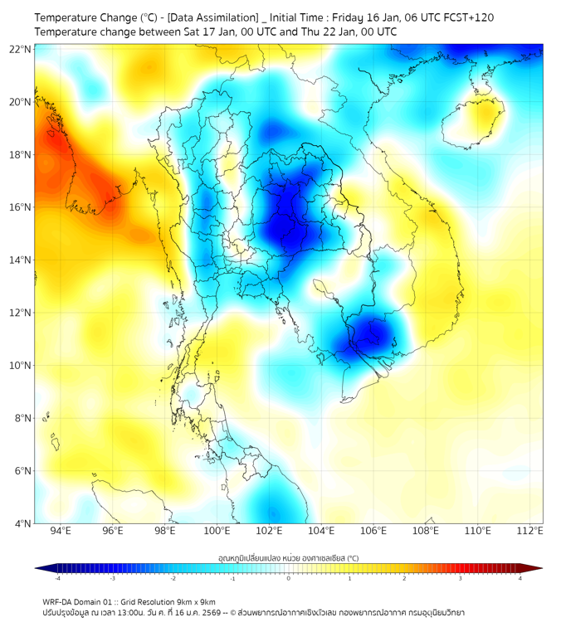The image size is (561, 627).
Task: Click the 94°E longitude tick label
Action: click(x=61, y=531)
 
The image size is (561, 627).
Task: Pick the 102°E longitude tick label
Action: click(x=269, y=531)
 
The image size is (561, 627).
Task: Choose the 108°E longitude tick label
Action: click(x=426, y=531)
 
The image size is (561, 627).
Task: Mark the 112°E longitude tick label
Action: click(x=529, y=531)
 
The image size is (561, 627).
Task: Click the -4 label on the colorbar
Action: click(x=56, y=578)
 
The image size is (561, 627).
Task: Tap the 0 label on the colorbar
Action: click(x=289, y=578)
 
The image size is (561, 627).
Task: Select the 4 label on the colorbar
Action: click(x=520, y=578)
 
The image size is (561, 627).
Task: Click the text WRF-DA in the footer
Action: click(x=60, y=601)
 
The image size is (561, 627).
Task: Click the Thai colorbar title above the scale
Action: click(x=288, y=557)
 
